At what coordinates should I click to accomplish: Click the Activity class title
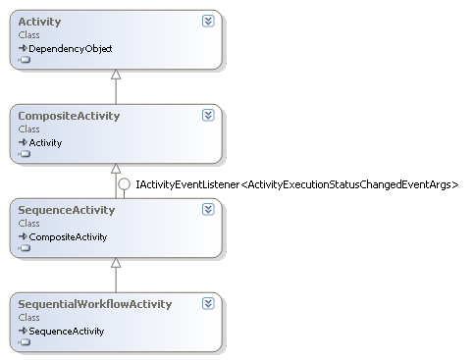[x=39, y=22]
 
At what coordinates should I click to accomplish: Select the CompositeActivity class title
[x=69, y=116]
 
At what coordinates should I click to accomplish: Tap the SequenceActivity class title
[x=67, y=210]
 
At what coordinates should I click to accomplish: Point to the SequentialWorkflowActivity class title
[x=95, y=304]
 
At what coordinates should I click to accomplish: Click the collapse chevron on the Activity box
[x=208, y=21]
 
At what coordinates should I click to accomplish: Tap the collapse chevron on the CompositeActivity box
[x=208, y=115]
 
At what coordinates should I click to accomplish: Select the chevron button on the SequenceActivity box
[x=208, y=209]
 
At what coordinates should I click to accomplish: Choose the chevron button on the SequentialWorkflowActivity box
[x=208, y=303]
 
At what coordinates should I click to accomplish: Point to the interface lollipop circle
[x=124, y=183]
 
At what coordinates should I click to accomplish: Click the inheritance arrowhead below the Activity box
[x=116, y=76]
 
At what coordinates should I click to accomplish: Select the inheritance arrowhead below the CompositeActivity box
[x=116, y=170]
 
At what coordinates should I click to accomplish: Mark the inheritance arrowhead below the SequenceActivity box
[x=116, y=264]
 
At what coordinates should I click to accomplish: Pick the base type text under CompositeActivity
[x=45, y=142]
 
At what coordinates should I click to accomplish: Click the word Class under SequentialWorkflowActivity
[x=28, y=318]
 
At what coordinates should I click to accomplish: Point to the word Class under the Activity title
[x=28, y=35]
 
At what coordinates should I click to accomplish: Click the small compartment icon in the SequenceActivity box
[x=25, y=248]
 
